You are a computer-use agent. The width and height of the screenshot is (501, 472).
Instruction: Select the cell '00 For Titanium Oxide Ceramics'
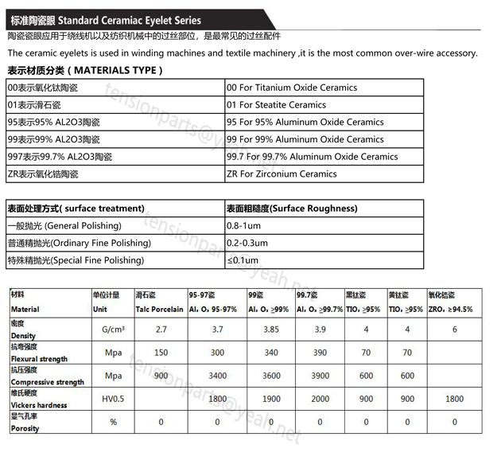[291, 88]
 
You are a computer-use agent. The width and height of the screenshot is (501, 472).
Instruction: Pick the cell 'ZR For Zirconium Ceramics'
[281, 174]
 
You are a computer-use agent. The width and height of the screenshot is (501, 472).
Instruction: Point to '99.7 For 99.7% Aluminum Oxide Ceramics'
[312, 157]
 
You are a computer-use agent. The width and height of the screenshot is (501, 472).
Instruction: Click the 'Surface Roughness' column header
[291, 209]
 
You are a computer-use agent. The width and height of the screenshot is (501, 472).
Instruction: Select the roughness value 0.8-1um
[243, 226]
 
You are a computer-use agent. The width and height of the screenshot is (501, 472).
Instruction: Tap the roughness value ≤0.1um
[242, 260]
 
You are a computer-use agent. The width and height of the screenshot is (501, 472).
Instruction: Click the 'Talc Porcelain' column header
[159, 309]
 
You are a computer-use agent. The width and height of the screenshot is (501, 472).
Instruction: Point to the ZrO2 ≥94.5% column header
[450, 309]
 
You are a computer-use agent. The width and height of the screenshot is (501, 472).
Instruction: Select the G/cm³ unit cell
[113, 329]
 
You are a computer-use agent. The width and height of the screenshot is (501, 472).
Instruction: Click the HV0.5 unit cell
[113, 399]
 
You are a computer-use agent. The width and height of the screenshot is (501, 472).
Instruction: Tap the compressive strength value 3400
[217, 376]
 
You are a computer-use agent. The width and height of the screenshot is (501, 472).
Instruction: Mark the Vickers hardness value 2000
[320, 399]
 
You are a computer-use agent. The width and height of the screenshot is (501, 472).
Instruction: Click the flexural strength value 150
[161, 352]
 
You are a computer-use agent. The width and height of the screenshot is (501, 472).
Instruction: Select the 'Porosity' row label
[25, 428]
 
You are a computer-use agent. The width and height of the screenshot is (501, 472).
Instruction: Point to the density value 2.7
[161, 329]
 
